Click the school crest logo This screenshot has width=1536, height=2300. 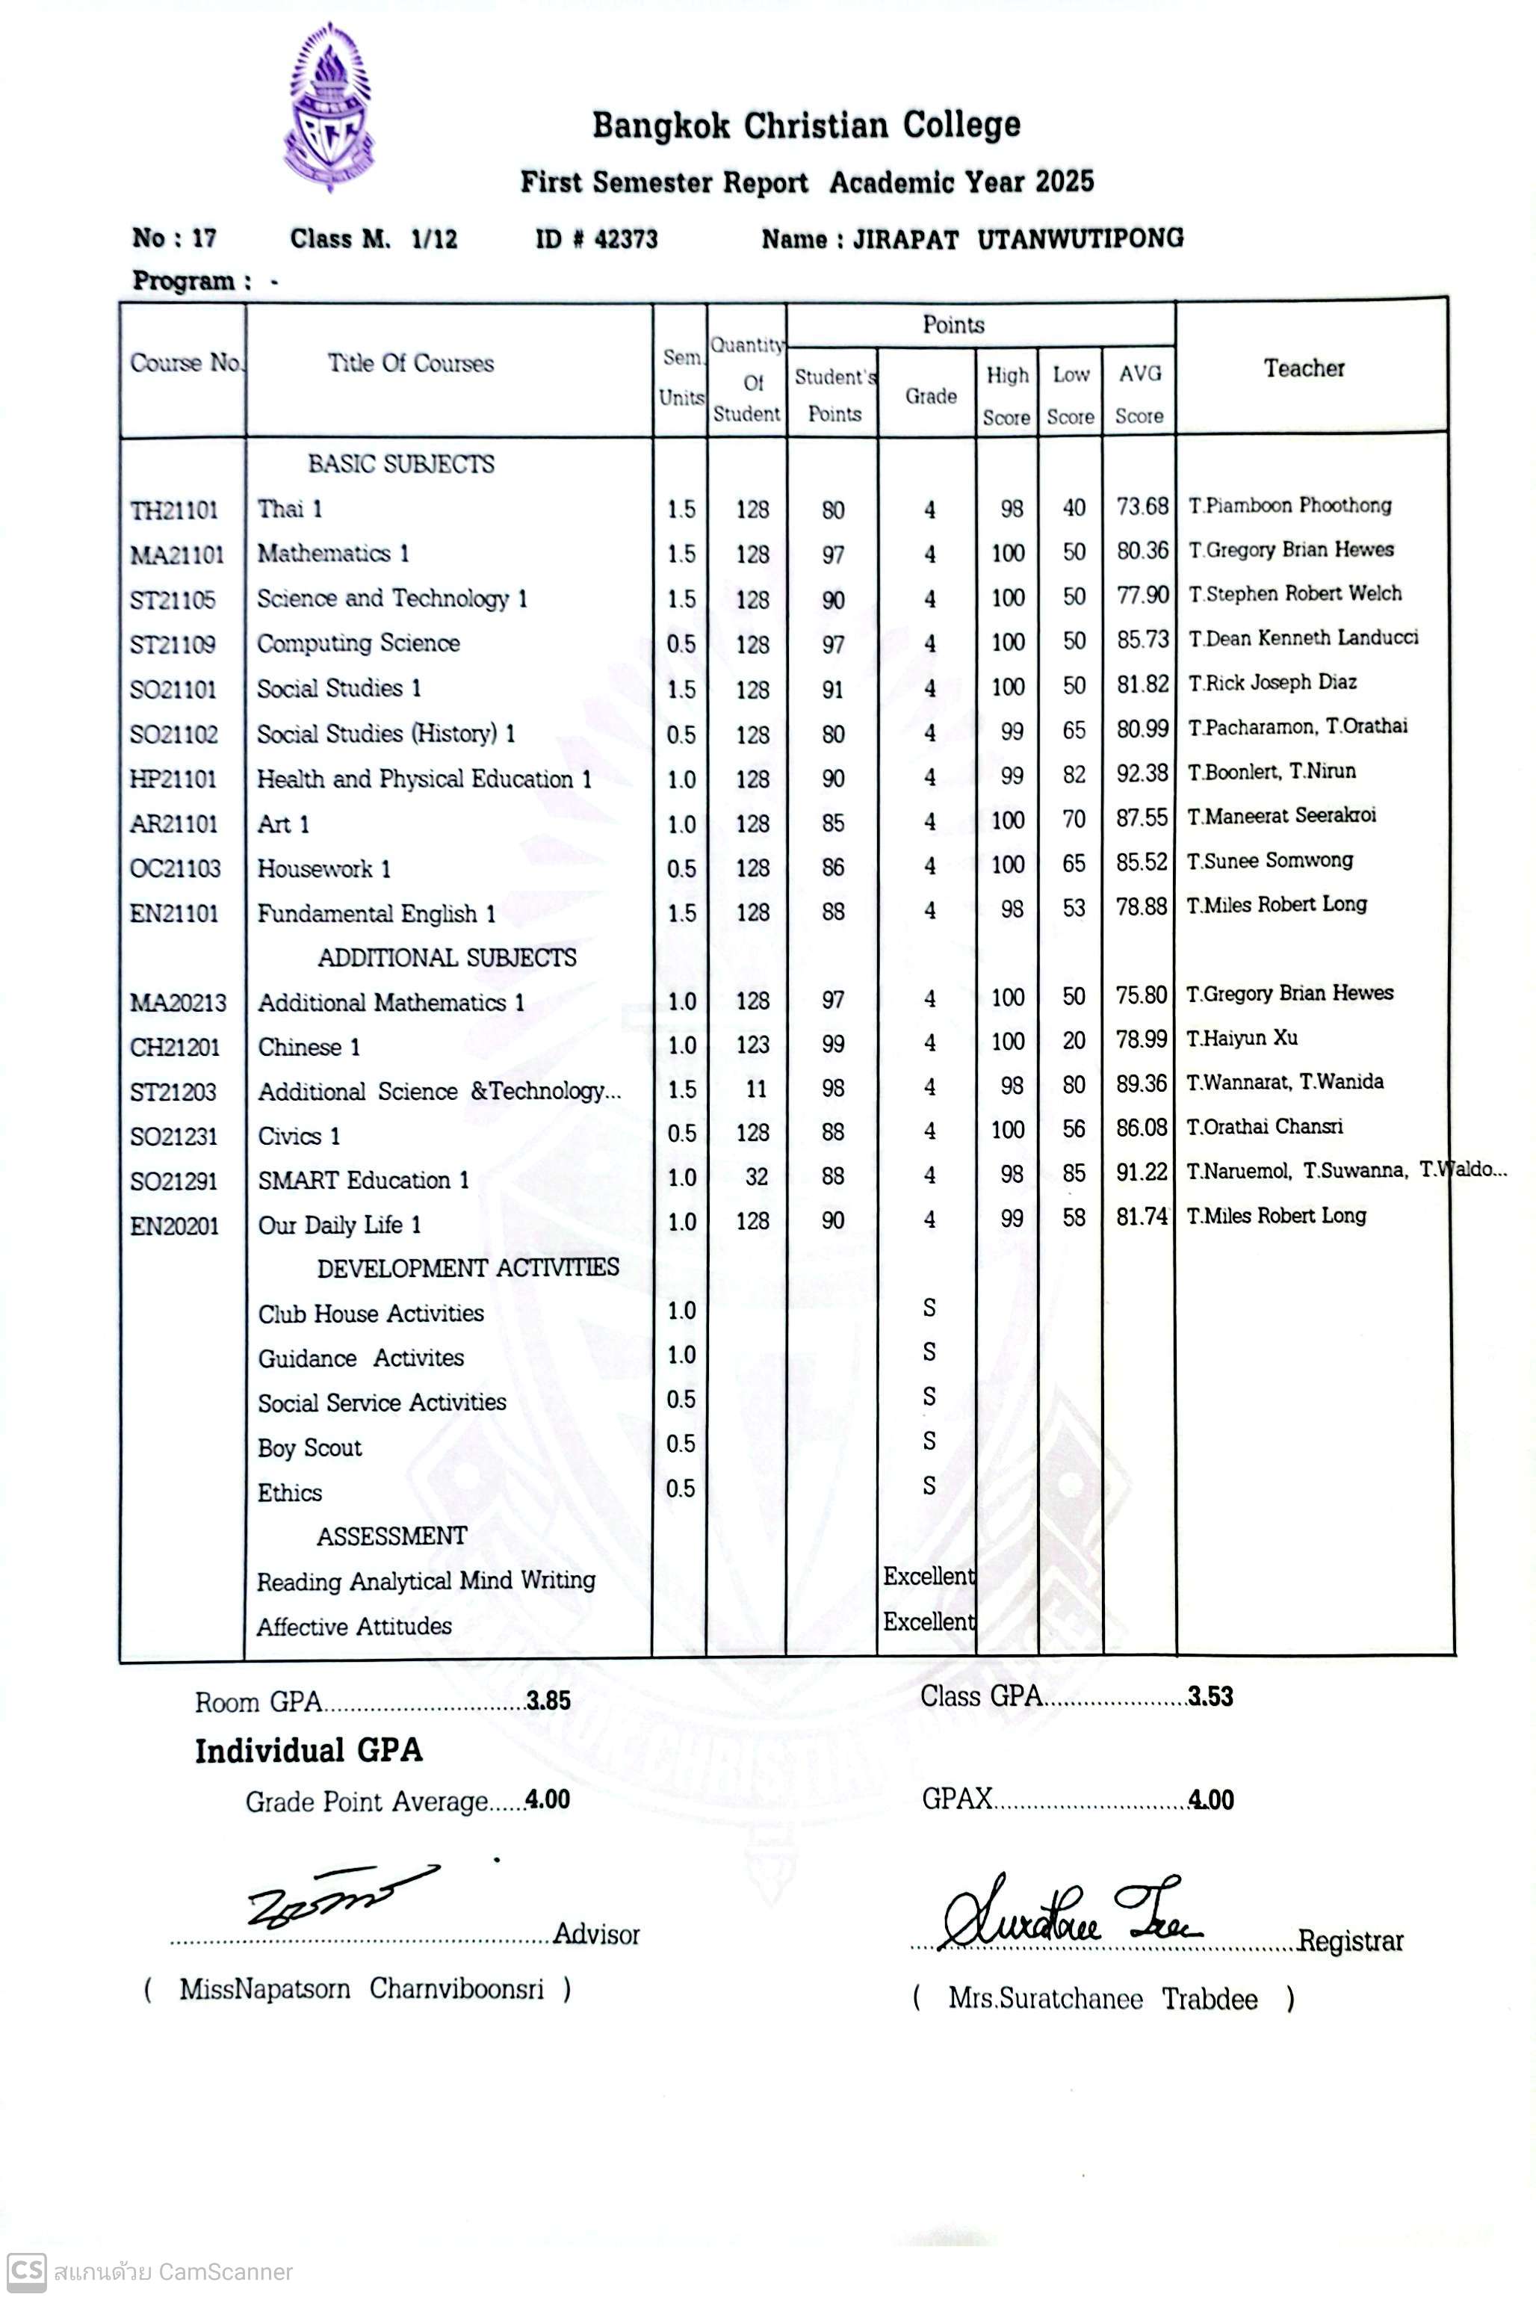click(329, 109)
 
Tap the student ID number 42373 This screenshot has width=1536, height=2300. click(626, 239)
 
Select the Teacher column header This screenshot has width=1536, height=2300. click(1303, 368)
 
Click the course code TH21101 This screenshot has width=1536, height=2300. click(174, 510)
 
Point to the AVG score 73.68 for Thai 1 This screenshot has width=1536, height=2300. click(1142, 507)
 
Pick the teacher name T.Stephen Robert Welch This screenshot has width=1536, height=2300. click(1294, 593)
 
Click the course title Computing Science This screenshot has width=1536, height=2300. click(358, 643)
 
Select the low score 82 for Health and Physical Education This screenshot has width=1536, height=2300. click(1074, 775)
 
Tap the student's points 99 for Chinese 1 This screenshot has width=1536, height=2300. click(833, 1044)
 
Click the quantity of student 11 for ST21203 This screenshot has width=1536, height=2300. click(755, 1088)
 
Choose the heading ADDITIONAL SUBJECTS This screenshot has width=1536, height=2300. click(447, 957)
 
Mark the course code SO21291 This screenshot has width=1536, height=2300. click(174, 1181)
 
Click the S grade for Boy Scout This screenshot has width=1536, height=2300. click(929, 1441)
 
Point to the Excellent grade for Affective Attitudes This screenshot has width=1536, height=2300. click(928, 1622)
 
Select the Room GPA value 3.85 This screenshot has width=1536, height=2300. click(548, 1701)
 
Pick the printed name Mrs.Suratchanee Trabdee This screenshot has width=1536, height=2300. click(1102, 1998)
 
